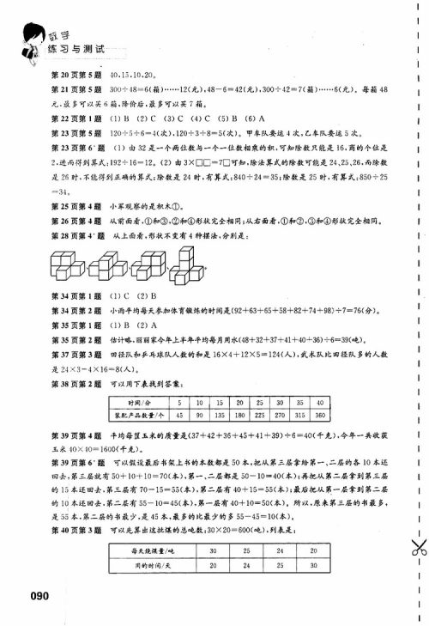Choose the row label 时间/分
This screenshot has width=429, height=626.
point(138,402)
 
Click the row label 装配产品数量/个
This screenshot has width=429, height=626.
point(138,415)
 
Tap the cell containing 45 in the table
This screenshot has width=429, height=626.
point(177,415)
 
